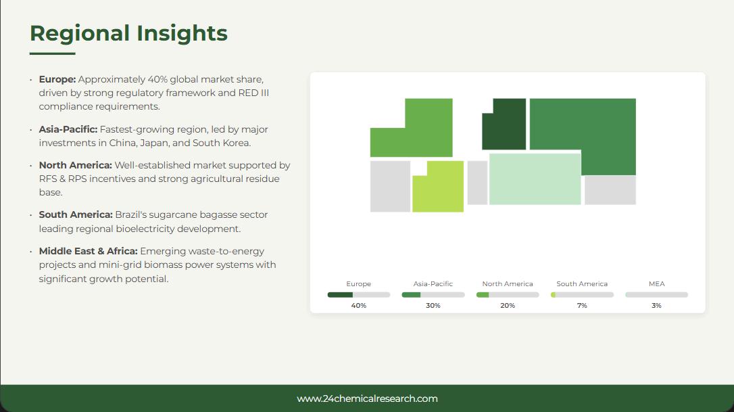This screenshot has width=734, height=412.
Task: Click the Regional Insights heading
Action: pos(128,33)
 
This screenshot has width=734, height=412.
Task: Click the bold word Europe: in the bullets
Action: pos(57,79)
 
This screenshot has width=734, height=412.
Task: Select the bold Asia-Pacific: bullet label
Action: pos(68,129)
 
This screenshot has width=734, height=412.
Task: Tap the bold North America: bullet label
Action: pos(76,165)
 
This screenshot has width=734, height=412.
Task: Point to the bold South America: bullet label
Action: pos(76,214)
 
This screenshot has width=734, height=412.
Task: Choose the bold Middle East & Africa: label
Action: pos(88,251)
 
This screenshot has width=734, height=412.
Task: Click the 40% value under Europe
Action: pos(359,306)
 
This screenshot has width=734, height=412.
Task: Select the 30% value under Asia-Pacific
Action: pos(433,306)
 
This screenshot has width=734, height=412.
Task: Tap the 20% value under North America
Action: pos(508,306)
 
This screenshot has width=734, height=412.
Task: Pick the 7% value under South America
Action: pos(582,306)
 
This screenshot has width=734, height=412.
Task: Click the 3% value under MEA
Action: pos(656,306)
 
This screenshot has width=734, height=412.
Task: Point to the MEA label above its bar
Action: pos(656,283)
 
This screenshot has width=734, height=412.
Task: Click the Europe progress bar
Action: pos(359,295)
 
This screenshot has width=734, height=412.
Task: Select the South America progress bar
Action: pos(582,295)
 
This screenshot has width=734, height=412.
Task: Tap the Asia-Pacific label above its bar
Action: pos(433,283)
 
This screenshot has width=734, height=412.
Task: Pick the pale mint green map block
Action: pos(535,179)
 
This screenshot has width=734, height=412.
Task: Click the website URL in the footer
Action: pos(367,399)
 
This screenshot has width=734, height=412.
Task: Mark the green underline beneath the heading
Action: pos(53,53)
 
